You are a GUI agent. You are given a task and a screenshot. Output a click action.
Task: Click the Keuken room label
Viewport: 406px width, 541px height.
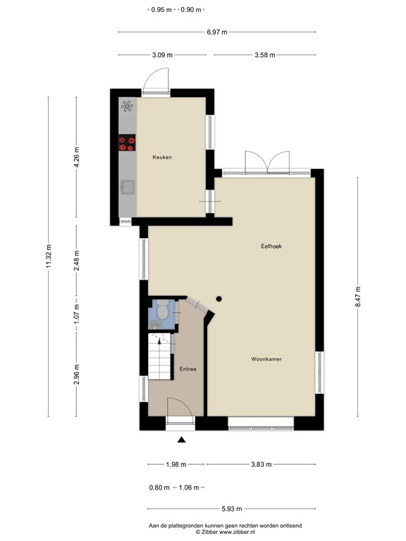pyautogui.click(x=162, y=157)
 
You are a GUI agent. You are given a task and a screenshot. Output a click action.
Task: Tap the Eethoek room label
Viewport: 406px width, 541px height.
pyautogui.click(x=271, y=246)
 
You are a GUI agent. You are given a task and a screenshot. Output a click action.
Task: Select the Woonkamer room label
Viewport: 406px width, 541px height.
pyautogui.click(x=266, y=359)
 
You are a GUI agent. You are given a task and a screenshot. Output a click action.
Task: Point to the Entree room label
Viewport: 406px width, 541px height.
pyautogui.click(x=187, y=369)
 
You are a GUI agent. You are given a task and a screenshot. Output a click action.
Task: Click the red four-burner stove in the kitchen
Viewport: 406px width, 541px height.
pyautogui.click(x=128, y=144)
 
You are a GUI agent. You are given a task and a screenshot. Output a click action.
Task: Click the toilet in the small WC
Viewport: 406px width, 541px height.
pyautogui.click(x=161, y=310)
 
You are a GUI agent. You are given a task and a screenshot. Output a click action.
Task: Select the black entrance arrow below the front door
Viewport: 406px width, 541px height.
pyautogui.click(x=181, y=440)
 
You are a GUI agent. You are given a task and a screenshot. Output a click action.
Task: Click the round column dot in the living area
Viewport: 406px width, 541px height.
pyautogui.click(x=219, y=297)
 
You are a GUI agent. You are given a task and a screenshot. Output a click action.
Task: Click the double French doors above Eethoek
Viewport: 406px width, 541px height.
pyautogui.click(x=266, y=162)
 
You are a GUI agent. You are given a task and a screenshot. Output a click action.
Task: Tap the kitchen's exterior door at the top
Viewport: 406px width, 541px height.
pyautogui.click(x=156, y=82)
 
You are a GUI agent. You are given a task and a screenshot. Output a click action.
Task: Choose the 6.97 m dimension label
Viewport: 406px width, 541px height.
pyautogui.click(x=216, y=32)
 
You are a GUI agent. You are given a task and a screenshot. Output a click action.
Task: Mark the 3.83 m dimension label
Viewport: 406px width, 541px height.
pyautogui.click(x=260, y=464)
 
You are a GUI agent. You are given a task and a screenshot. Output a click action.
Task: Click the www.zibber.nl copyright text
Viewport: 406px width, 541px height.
pyautogui.click(x=224, y=533)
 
